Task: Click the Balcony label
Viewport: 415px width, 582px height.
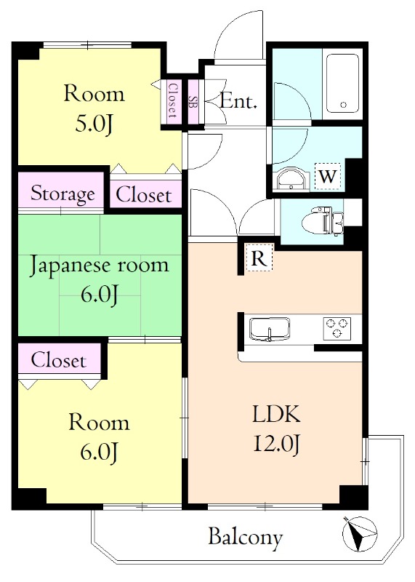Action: pos(245,538)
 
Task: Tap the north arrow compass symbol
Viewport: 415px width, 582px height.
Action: pos(360,535)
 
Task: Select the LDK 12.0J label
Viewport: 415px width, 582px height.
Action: pos(276,429)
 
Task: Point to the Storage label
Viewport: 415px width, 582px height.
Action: pos(63,194)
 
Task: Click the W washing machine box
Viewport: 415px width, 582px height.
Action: pos(328,175)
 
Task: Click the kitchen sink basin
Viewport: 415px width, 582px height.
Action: pos(270,329)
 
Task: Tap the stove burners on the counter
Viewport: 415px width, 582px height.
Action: pos(338,327)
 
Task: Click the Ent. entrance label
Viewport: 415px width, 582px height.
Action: pos(238,102)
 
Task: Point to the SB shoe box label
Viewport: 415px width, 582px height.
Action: pos(193,101)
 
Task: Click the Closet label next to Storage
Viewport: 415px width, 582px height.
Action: pos(144,195)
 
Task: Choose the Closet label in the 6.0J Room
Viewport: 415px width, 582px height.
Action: pos(58,360)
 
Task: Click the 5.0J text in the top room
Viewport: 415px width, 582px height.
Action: pos(94,124)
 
